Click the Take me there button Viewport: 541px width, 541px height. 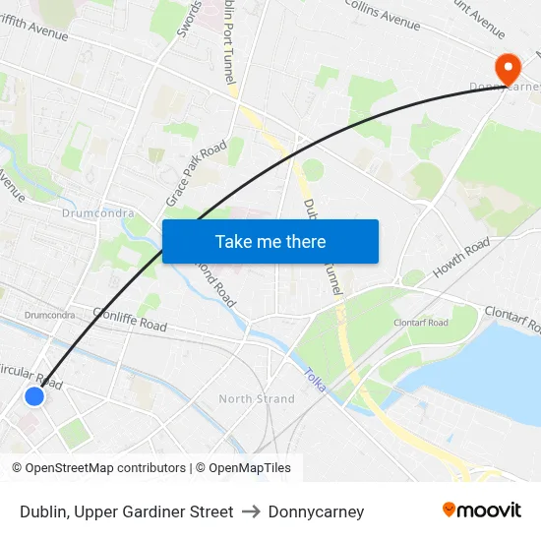click(270, 241)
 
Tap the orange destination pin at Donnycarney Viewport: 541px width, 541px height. click(508, 69)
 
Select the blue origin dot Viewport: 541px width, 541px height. click(34, 395)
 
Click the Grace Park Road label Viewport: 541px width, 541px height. click(197, 173)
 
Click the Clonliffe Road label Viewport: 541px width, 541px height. click(130, 319)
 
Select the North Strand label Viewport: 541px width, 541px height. click(256, 398)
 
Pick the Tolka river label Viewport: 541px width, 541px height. click(314, 380)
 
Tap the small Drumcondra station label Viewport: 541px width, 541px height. click(49, 315)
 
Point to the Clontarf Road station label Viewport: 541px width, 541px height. click(421, 323)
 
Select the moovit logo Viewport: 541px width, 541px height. click(482, 511)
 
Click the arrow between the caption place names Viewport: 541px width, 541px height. click(250, 511)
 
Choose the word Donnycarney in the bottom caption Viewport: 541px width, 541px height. click(316, 511)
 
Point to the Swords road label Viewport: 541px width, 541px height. click(189, 20)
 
